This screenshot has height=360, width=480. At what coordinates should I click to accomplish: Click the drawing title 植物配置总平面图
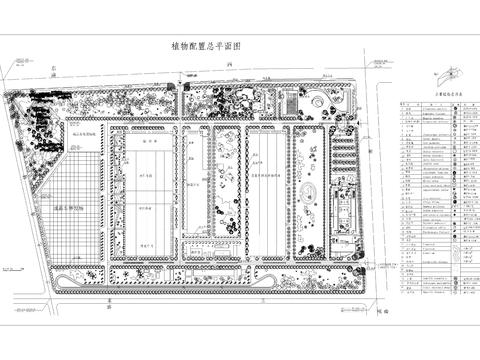[x=207, y=47]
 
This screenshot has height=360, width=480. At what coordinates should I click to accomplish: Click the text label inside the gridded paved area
[x=71, y=208]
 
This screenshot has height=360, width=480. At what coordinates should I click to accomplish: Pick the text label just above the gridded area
[x=85, y=132]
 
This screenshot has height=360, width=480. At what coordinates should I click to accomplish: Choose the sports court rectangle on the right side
[x=341, y=211]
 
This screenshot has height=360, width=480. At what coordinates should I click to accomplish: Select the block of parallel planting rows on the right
[x=346, y=155]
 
